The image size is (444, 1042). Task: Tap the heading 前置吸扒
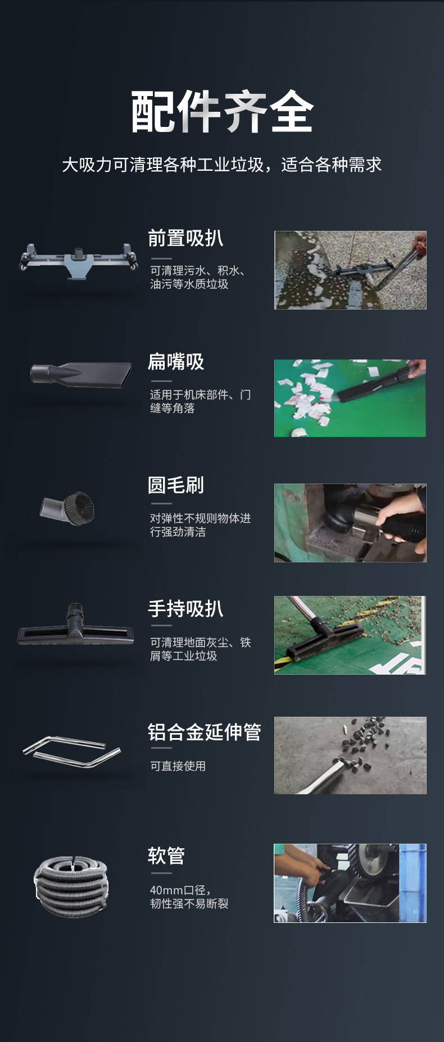185,238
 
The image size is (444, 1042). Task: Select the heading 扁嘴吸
175,362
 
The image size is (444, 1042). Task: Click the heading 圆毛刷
175,485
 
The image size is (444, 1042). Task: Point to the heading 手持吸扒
185,609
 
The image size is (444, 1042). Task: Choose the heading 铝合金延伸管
204,732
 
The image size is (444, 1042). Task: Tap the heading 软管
166,856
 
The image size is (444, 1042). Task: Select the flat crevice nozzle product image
81,375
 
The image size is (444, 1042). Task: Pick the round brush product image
67,507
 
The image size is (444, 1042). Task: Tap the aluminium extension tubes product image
72,752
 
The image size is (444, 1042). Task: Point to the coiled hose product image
71,886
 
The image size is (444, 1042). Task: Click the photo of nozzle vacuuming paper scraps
350,398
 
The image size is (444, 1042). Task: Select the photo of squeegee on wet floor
350,270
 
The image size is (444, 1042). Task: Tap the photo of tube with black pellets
350,756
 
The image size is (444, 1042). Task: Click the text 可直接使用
178,766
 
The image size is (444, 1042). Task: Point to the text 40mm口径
180,890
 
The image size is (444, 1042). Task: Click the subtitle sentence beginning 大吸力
222,165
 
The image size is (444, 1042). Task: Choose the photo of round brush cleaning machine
350,523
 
